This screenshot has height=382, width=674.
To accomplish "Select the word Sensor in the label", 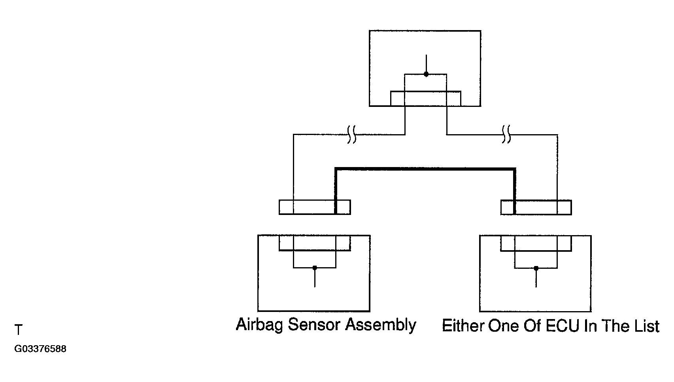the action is [x=314, y=325].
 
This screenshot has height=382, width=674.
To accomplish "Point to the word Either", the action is [x=463, y=326].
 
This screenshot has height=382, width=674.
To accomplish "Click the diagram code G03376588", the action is [x=40, y=349].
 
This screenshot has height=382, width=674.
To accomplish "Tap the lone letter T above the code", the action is [x=18, y=330].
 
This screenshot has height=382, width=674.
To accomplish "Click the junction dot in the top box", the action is [x=426, y=74].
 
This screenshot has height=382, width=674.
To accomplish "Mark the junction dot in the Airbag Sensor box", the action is [x=315, y=268].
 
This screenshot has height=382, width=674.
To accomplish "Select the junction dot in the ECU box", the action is [x=536, y=268].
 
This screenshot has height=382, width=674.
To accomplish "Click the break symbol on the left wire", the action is [x=352, y=134].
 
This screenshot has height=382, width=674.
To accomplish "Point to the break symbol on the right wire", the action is [x=506, y=134].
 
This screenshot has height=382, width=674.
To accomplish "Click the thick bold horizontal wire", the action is [x=425, y=169].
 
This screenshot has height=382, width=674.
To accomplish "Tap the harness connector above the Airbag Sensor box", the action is [x=315, y=207].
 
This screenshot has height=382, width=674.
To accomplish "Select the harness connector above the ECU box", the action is [x=536, y=207].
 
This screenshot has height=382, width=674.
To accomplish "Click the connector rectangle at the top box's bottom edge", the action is [x=425, y=99].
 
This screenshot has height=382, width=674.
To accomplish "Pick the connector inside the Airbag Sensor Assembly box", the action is [x=315, y=243].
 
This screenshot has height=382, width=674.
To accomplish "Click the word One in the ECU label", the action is [x=503, y=326].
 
